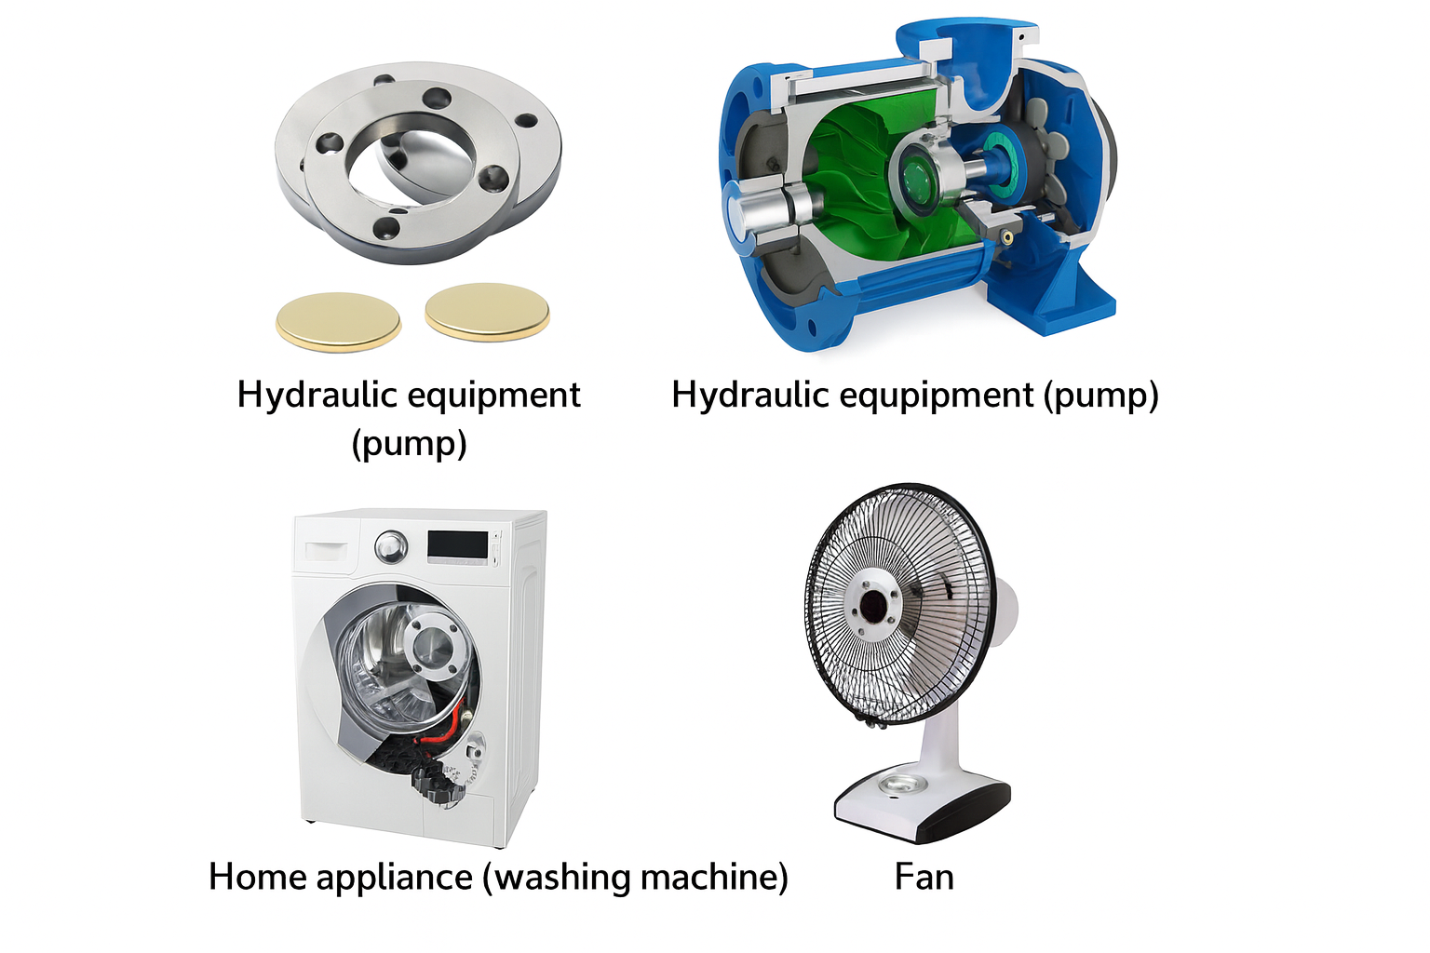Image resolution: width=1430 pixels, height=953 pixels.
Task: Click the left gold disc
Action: (x=338, y=322)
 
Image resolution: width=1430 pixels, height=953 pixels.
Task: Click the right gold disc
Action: (x=487, y=312)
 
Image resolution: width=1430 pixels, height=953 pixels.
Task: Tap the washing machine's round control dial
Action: (x=391, y=546)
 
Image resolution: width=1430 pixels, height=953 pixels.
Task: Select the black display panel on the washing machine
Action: (x=458, y=544)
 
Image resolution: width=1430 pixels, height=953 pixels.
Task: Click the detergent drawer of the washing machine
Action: (x=326, y=550)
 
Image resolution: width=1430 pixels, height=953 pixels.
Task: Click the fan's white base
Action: (x=923, y=804)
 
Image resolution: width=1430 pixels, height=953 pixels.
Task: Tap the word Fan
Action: (x=924, y=877)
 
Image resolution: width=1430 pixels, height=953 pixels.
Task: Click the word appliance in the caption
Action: (x=395, y=879)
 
